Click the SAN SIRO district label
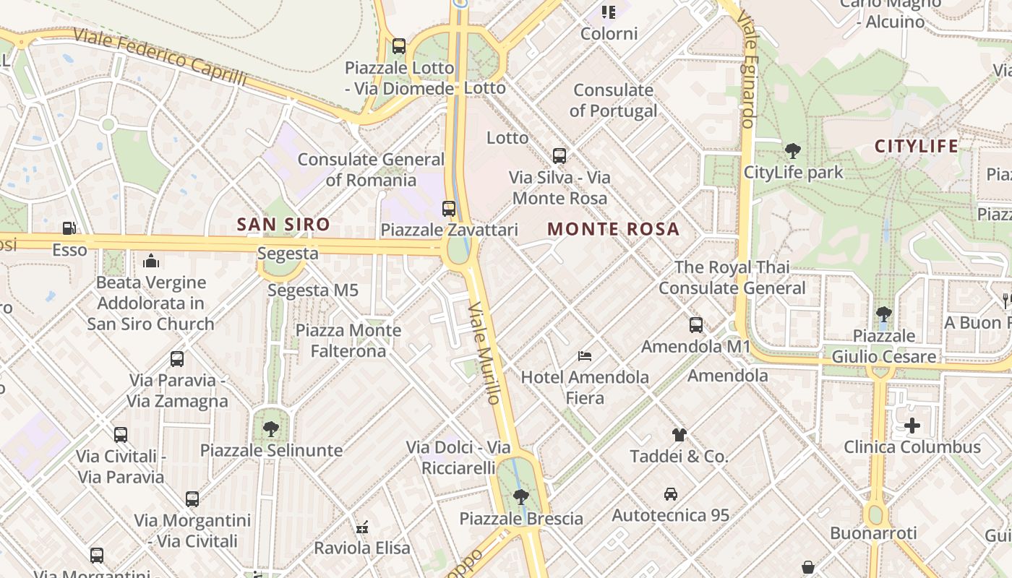pos(283,225)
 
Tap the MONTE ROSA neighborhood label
pos(613,230)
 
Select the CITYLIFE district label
pos(916,147)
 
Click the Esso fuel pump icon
pos(69,228)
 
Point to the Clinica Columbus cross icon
pos(912,426)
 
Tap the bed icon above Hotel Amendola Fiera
pos(585,355)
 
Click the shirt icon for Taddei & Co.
pos(679,435)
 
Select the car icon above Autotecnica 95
pos(670,494)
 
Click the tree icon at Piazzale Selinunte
pos(271,429)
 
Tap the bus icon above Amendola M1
pos(696,325)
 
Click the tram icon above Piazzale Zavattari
pos(449,209)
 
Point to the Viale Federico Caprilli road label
pos(160,57)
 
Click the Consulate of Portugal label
pos(613,100)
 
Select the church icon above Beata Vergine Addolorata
pos(151,261)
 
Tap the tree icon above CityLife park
pos(793,151)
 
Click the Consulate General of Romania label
pos(371,169)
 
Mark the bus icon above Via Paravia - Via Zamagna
pos(177,359)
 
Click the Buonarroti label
pos(873,534)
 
